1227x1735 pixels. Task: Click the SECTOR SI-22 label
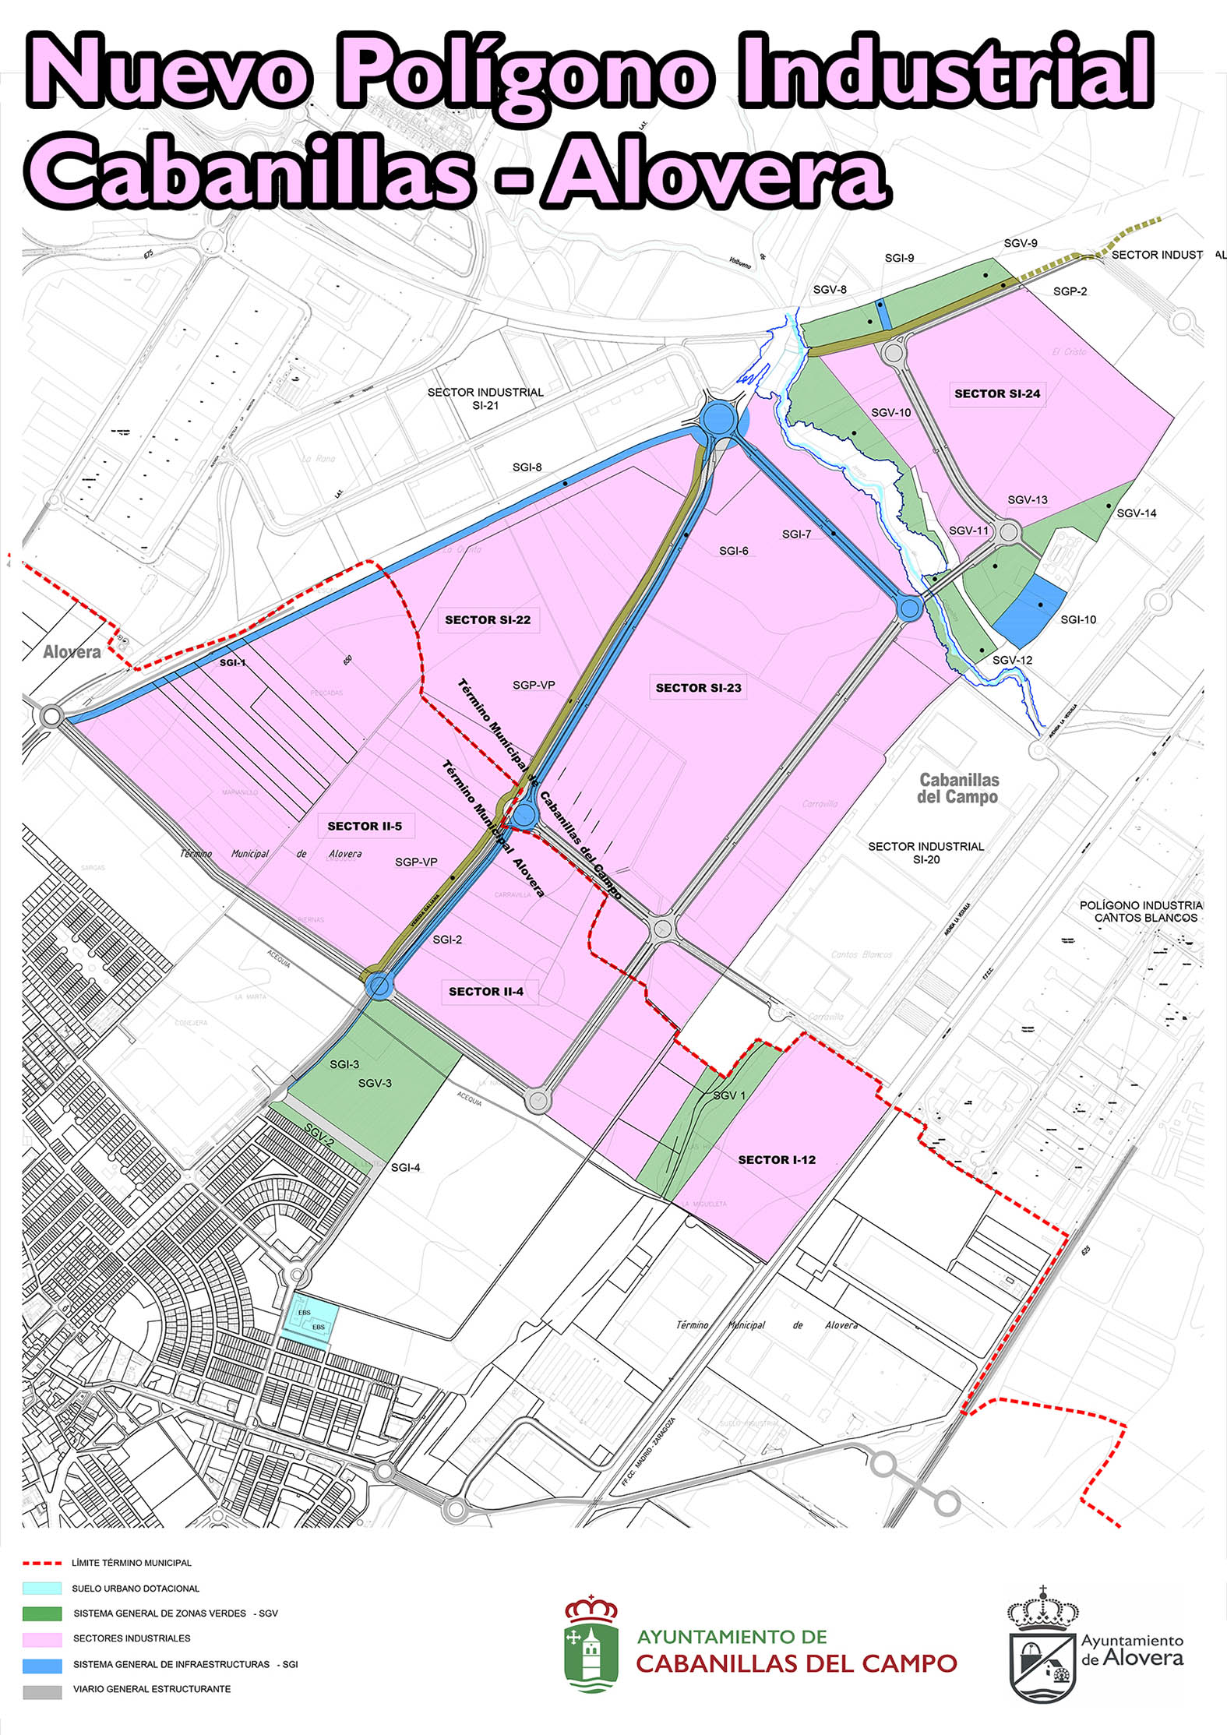point(488,620)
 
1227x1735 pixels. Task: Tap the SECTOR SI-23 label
point(698,688)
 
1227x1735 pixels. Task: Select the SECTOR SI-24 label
point(997,393)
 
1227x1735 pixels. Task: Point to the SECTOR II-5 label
point(365,826)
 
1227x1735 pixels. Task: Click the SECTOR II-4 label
point(486,992)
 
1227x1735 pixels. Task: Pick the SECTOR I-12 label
point(777,1160)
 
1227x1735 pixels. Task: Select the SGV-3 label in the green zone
point(375,1084)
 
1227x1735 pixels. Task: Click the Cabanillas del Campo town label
point(958,788)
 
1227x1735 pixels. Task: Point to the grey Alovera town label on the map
point(72,652)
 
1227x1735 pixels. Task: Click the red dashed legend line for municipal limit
point(42,1563)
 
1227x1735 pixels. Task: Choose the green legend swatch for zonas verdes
point(42,1613)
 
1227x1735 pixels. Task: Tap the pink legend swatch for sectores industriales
point(42,1638)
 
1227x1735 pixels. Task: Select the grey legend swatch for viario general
point(42,1689)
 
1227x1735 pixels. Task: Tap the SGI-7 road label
point(797,534)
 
